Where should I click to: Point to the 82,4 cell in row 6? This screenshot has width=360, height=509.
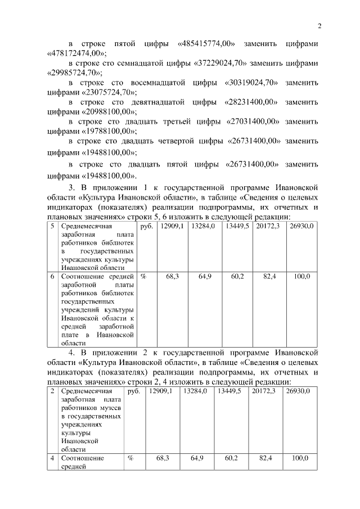click(x=269, y=277)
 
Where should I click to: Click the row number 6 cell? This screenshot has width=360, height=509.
click(x=52, y=277)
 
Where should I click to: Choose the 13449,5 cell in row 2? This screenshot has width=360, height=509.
click(x=229, y=391)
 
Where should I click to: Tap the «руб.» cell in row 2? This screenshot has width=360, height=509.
click(x=134, y=391)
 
